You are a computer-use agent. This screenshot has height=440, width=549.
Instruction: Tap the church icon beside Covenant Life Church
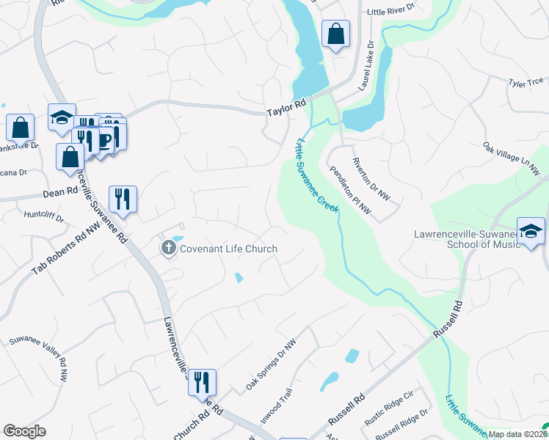pos(169,249)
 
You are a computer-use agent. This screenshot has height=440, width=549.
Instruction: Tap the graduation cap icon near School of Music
pos(531,231)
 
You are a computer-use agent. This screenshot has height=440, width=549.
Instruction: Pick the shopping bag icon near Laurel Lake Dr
pos(335,34)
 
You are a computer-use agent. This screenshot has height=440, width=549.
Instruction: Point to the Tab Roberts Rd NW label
pos(65,249)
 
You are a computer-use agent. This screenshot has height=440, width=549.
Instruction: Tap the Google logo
pos(25,431)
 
